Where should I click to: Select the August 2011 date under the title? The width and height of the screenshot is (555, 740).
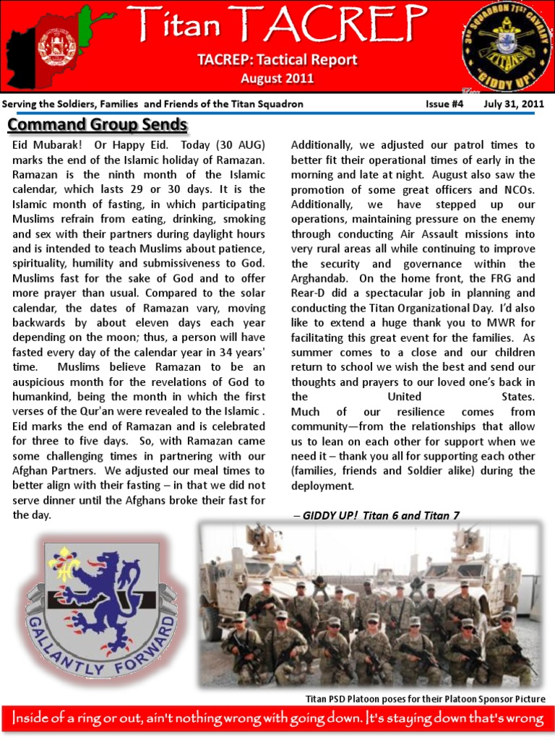[x=277, y=78]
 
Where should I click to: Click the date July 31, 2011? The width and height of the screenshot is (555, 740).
[x=514, y=104]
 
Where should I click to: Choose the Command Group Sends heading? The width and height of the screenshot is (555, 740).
[x=98, y=124]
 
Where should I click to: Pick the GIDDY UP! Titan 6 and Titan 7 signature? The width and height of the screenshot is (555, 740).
[x=377, y=515]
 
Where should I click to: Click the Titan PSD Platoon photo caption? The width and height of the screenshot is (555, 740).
[x=425, y=699]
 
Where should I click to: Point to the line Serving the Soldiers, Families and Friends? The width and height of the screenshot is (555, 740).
[x=152, y=104]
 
